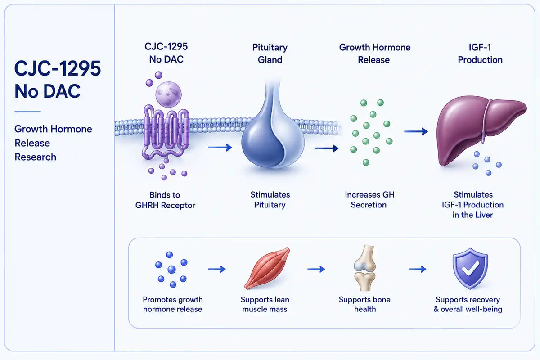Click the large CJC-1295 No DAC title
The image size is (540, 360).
58,79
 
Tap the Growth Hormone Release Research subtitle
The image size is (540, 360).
53,143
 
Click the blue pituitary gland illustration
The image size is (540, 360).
273,128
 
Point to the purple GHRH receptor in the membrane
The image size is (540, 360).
166,133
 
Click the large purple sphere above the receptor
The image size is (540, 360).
168,94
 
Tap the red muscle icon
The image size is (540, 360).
267,268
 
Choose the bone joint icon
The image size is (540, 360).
364,268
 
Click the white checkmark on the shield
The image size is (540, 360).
470,269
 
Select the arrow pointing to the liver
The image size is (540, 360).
416,131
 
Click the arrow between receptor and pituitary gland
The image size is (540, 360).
220,147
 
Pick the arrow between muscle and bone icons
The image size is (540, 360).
316,269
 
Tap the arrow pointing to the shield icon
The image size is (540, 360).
417,269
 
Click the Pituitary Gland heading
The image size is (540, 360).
270,54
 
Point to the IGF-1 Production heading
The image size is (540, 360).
480,54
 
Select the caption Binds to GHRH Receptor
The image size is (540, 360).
165,200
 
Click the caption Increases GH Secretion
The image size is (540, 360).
369,200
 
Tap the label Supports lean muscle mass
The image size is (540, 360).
265,304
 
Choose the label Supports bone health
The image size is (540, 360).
364,304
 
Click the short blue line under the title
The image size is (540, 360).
28,112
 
